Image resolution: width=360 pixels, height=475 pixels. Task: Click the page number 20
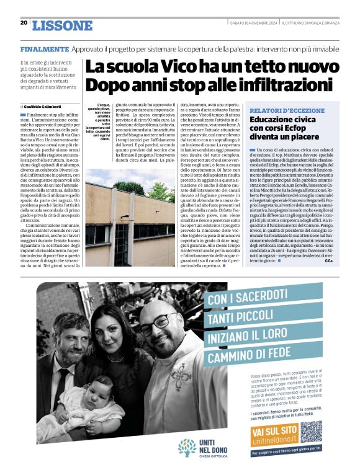click(x=24, y=23)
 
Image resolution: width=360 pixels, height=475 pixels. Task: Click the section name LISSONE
click(x=61, y=25)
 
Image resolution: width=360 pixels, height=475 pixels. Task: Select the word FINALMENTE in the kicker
click(x=44, y=48)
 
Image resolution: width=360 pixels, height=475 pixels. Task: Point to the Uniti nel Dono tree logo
click(x=186, y=448)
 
